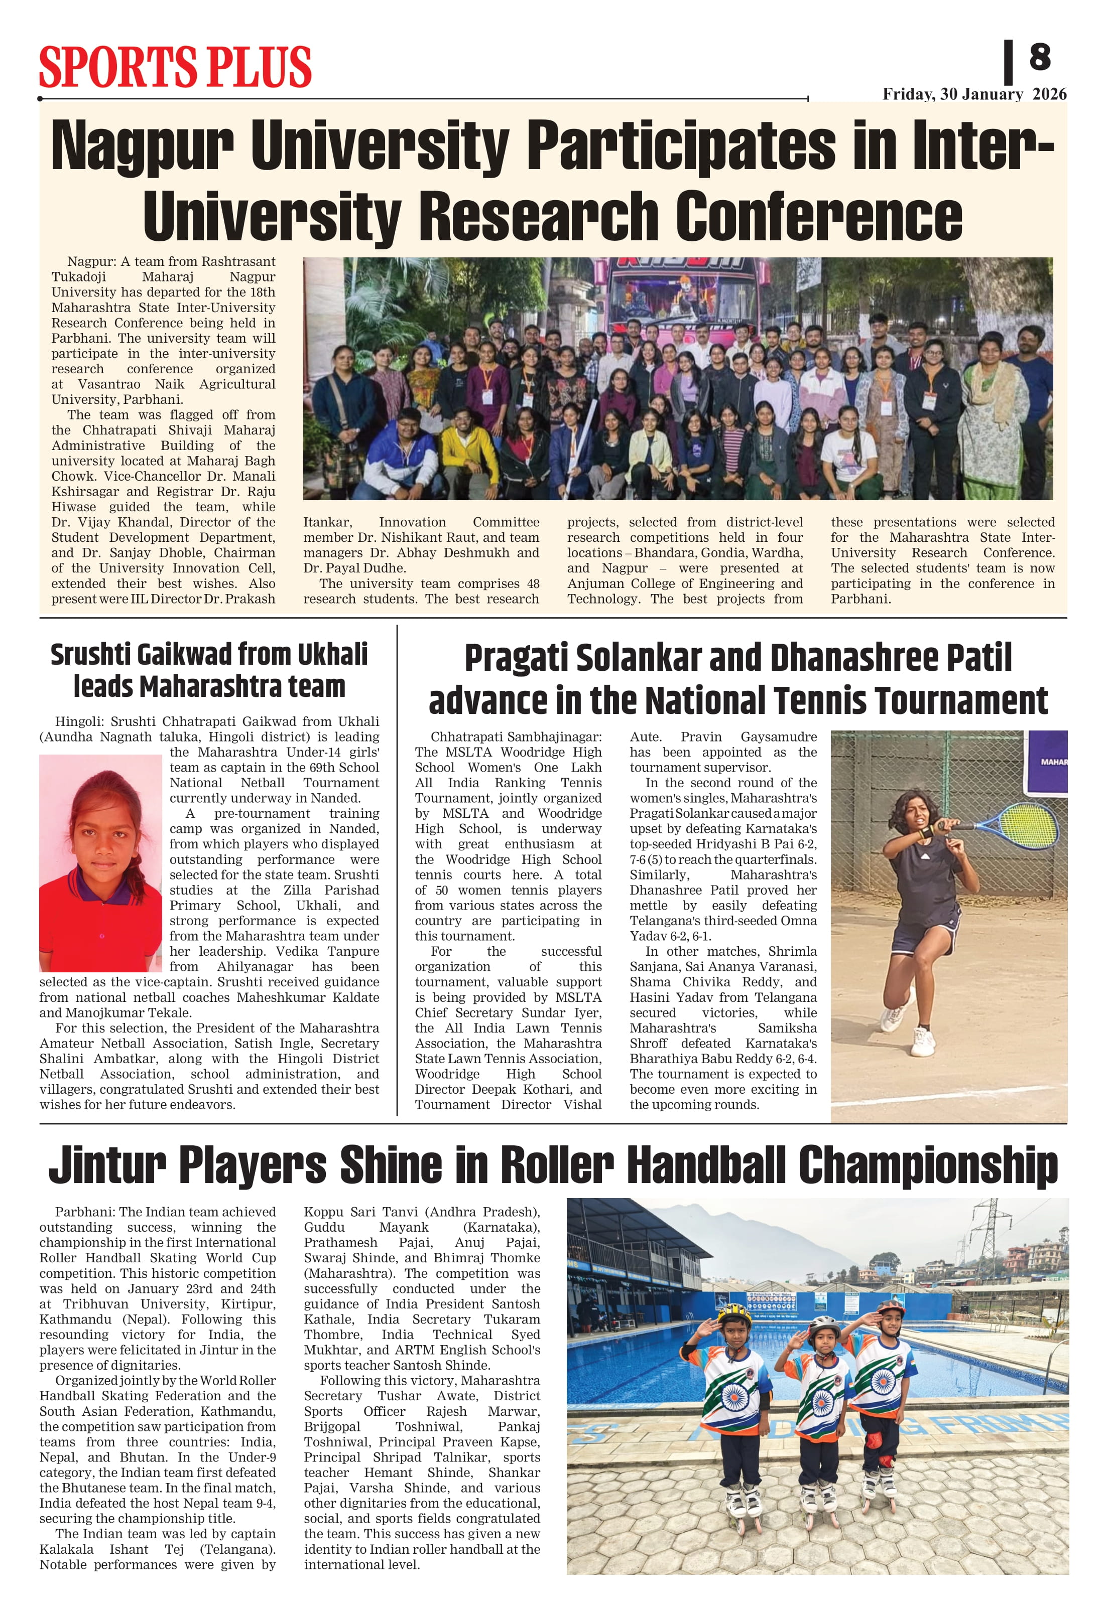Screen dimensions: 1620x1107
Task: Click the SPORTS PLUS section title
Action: [175, 67]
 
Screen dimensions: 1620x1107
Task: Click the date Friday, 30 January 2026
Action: [974, 94]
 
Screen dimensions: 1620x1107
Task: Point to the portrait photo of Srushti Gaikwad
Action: [100, 863]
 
